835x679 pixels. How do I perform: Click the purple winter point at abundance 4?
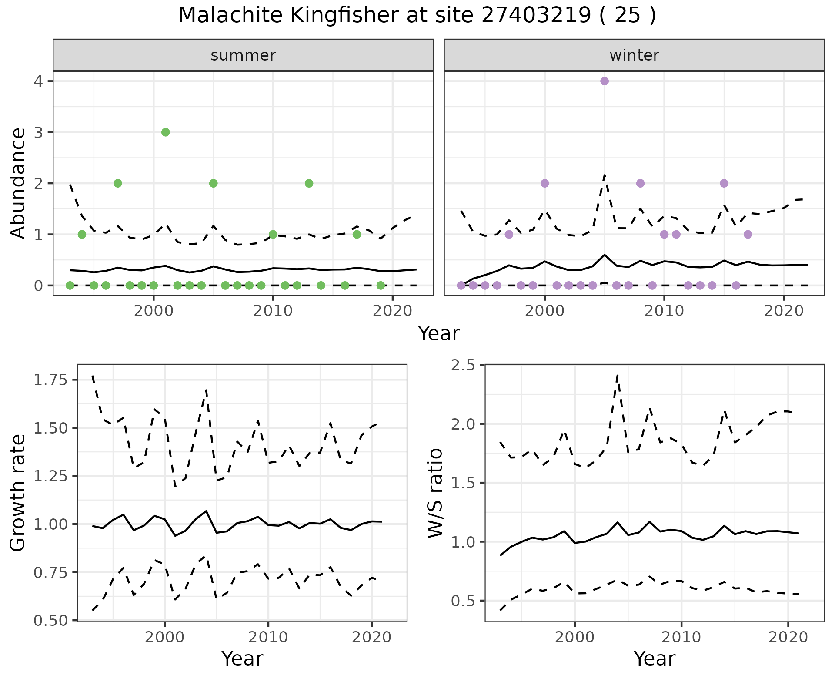[604, 81]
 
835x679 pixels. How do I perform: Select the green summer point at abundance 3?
[165, 132]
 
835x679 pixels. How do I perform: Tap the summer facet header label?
[243, 55]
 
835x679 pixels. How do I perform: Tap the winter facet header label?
[634, 55]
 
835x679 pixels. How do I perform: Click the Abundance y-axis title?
[18, 183]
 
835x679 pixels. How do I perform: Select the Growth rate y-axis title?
[18, 493]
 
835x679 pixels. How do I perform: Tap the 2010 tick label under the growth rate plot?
[268, 638]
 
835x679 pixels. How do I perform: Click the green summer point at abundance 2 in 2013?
[309, 183]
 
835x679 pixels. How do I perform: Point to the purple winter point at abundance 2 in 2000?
[544, 183]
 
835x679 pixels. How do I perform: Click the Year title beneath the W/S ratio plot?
[654, 659]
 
